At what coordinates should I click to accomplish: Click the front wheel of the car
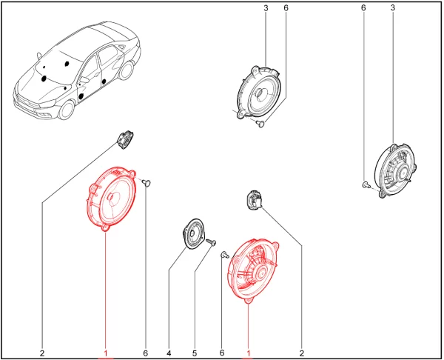coord(67,109)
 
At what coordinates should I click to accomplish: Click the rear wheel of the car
coord(126,70)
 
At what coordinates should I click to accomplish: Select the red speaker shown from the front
coord(111,199)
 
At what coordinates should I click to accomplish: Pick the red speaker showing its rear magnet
coord(252,271)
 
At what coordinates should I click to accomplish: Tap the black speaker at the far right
coord(395,170)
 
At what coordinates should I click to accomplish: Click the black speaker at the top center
coord(259,93)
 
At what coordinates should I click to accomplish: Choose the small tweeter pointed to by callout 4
coord(194,234)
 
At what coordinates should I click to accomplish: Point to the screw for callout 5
coord(211,242)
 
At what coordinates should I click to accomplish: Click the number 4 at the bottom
coord(169,353)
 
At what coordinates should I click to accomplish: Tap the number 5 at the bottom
coord(195,353)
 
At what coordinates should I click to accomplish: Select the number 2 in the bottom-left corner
coord(42,353)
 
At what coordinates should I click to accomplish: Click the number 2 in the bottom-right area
coord(302,353)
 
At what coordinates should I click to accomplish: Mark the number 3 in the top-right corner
coord(392,7)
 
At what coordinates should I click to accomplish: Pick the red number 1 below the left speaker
coord(106,353)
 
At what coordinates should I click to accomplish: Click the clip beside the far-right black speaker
coord(366,185)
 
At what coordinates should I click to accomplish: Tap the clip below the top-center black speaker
coord(260,124)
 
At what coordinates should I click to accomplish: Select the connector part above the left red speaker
coord(125,139)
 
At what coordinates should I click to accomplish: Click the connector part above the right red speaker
coord(255,201)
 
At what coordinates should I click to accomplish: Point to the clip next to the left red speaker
coord(147,183)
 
